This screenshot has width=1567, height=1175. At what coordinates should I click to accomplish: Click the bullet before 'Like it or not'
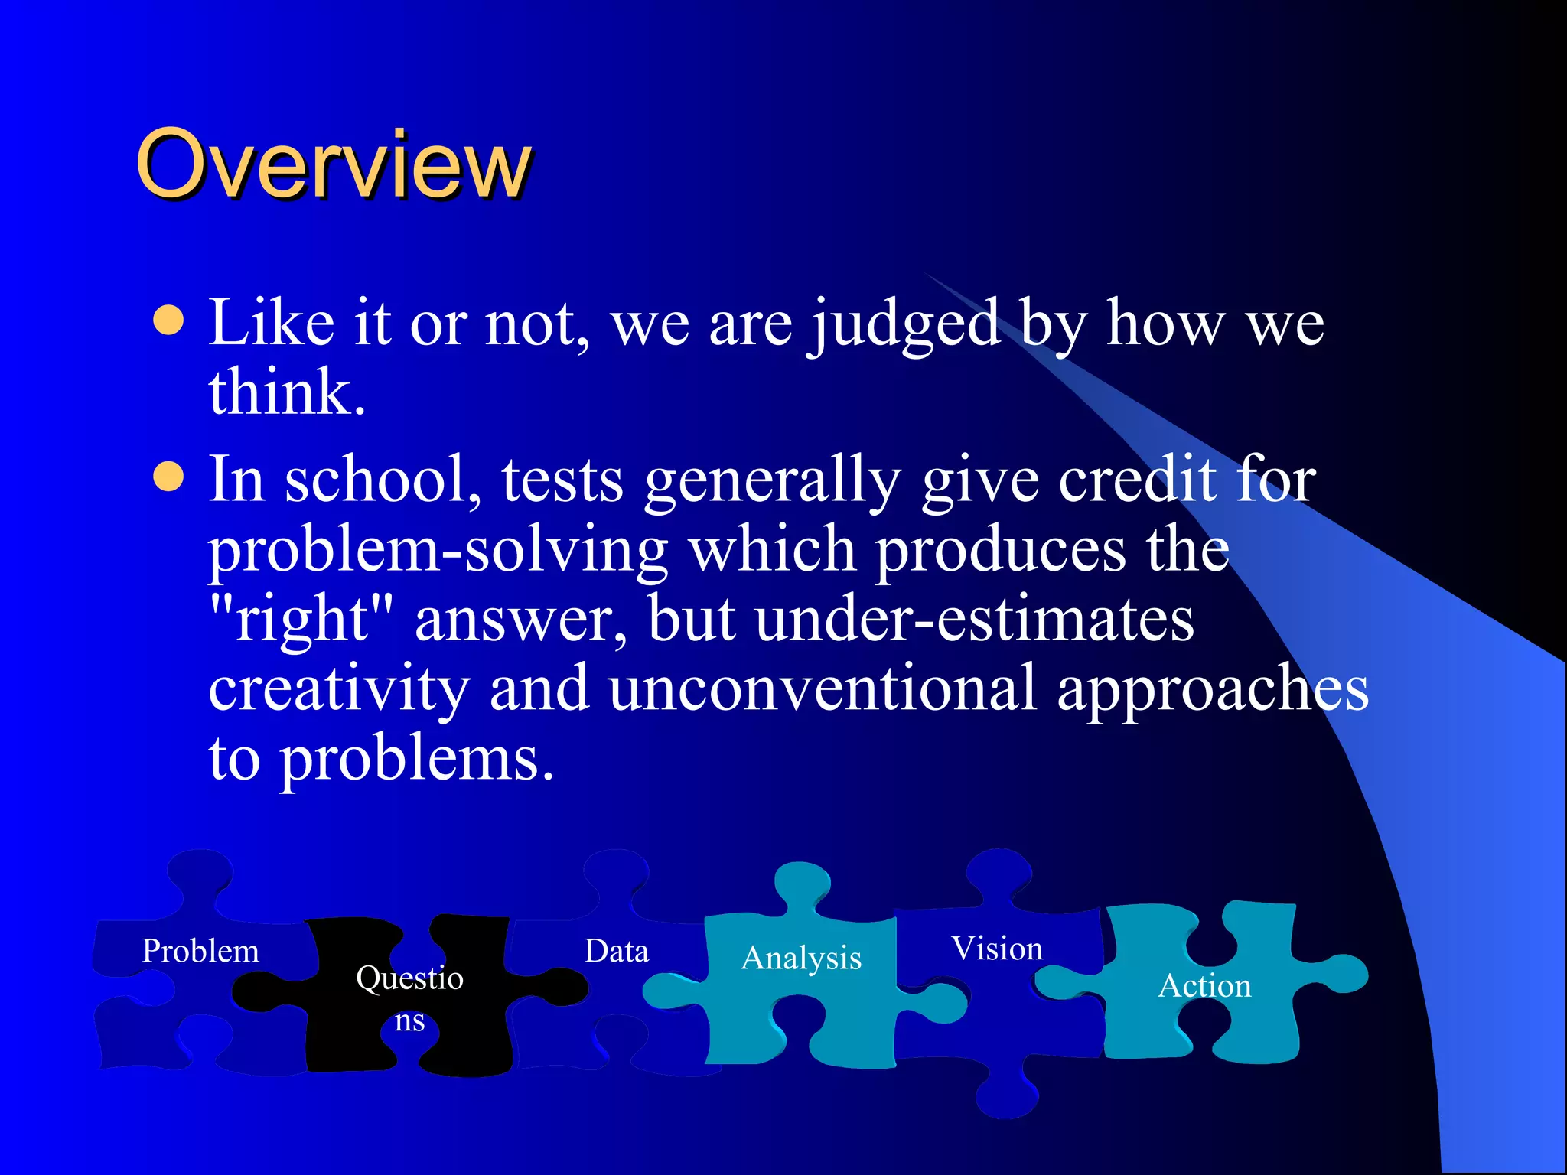click(168, 321)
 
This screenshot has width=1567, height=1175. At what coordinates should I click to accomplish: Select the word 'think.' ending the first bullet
click(287, 392)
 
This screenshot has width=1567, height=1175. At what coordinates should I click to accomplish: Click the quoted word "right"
click(301, 618)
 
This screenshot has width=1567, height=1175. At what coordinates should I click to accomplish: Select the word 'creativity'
click(339, 688)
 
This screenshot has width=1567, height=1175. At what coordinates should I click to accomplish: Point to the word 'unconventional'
click(823, 688)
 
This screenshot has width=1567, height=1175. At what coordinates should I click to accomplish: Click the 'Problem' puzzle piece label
click(200, 951)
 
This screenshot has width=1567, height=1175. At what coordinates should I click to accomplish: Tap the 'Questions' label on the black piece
click(409, 997)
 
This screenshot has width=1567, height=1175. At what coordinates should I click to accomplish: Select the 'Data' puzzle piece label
click(616, 951)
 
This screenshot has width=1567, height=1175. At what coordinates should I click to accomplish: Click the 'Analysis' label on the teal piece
click(801, 959)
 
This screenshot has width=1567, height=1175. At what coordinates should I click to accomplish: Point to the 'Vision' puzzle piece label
click(997, 949)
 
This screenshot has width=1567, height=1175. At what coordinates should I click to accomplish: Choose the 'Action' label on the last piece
click(1205, 985)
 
